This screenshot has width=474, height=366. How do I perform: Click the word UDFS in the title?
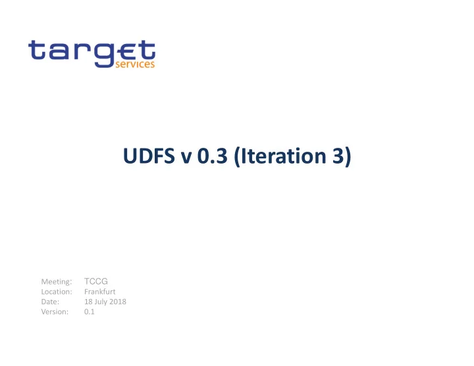click(x=149, y=156)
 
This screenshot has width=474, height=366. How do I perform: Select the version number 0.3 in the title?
click(x=212, y=156)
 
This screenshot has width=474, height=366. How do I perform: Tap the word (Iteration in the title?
click(x=280, y=156)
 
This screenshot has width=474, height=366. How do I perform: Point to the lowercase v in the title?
click(x=186, y=158)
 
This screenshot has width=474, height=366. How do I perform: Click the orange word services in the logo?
click(x=135, y=64)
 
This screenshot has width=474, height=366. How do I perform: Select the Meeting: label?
click(x=57, y=281)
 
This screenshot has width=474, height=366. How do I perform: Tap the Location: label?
click(x=57, y=292)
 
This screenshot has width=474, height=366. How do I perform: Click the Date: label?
click(x=50, y=302)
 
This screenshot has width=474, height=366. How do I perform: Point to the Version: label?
click(x=55, y=311)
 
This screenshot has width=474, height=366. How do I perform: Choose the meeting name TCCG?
click(x=96, y=281)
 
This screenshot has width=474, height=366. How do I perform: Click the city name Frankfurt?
click(x=100, y=292)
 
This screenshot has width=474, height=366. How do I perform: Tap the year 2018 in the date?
click(x=118, y=302)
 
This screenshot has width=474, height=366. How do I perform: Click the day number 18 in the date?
click(x=88, y=302)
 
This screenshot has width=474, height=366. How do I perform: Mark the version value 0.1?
click(x=89, y=311)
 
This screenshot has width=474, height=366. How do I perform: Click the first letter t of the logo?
click(x=36, y=50)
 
